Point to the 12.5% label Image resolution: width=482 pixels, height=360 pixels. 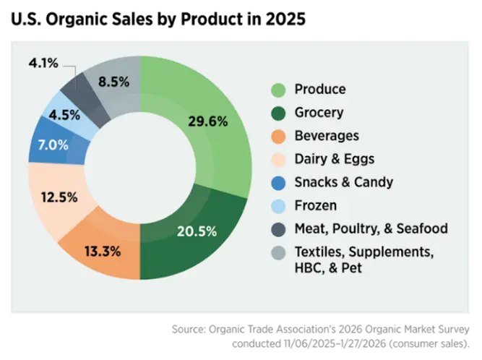[59, 197]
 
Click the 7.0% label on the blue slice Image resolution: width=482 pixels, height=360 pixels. [53, 144]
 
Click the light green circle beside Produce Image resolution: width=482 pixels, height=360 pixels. [277, 90]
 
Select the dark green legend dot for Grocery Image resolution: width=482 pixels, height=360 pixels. [277, 113]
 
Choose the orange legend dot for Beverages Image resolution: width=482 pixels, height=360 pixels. [277, 136]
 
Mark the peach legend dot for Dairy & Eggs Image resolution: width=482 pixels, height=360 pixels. [277, 159]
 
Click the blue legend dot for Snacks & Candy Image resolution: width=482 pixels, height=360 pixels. [277, 182]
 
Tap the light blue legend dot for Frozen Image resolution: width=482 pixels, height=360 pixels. [277, 205]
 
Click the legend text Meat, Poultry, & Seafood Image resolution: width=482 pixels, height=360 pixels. [371, 228]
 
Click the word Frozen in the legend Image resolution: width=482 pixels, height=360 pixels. [315, 205]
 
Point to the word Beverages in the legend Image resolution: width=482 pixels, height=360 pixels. [326, 136]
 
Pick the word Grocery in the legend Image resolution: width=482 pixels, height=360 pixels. [319, 113]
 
